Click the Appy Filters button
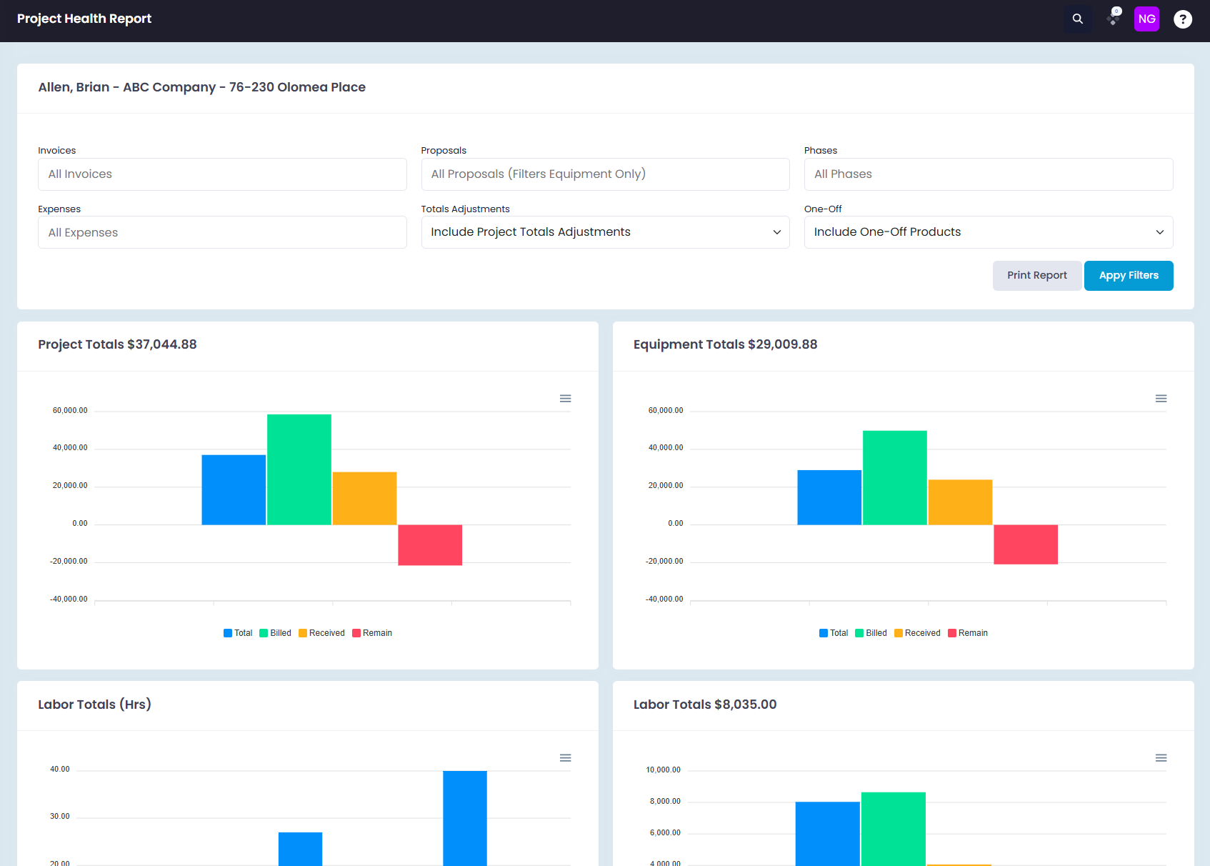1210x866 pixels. click(1129, 276)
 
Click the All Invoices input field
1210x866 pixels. click(222, 174)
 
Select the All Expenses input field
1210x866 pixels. click(222, 232)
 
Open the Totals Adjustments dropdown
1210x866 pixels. click(605, 232)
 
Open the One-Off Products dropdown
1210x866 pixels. click(989, 232)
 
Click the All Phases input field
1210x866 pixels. click(989, 174)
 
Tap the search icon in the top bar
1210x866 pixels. click(1078, 19)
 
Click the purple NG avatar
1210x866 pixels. click(1146, 19)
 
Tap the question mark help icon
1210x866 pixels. click(1182, 19)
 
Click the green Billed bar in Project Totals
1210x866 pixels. click(299, 469)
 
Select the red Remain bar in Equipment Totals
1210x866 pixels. click(1025, 544)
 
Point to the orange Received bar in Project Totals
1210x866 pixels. click(364, 498)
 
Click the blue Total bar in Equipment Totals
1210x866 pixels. click(829, 497)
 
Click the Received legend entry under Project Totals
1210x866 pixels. click(322, 633)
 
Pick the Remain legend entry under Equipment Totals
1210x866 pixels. click(968, 633)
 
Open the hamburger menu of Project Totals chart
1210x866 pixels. click(565, 399)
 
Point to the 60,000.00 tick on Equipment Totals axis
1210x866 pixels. click(666, 411)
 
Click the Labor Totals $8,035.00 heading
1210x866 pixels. click(705, 705)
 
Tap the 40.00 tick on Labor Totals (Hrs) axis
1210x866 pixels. click(60, 770)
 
